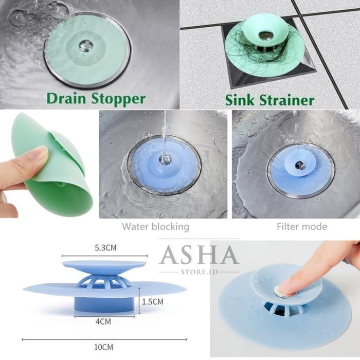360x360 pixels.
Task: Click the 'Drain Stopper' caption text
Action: [x=96, y=98]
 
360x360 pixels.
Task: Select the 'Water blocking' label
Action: [x=155, y=226]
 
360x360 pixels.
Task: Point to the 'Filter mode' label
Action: [x=302, y=226]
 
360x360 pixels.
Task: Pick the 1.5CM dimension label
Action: [x=153, y=302]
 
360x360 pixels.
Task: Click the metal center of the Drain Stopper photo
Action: [x=85, y=46]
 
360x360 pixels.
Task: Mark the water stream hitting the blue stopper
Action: [x=164, y=139]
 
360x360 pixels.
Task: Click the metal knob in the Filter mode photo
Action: [x=300, y=165]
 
